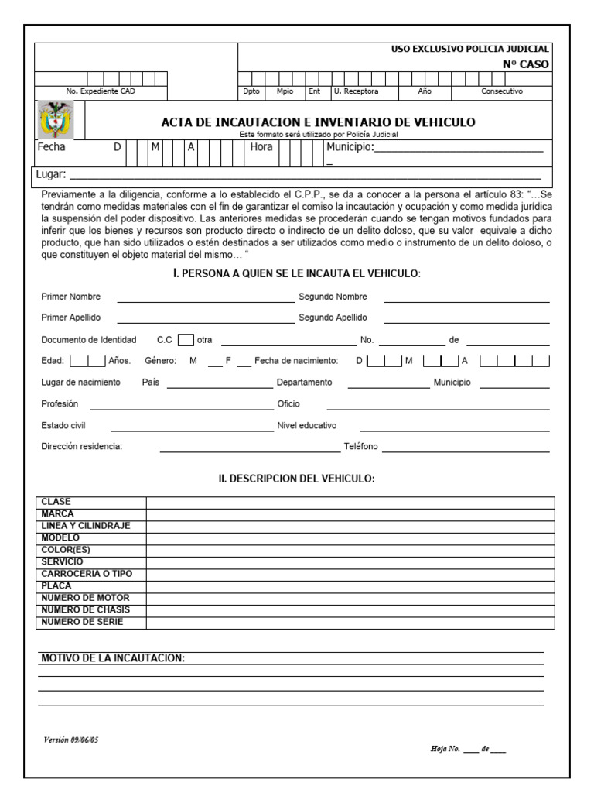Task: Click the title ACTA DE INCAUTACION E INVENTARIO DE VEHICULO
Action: pos(318,122)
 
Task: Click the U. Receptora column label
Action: pos(357,91)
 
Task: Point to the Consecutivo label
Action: pos(502,91)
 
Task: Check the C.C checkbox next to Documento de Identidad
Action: pos(185,339)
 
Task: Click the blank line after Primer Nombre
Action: pos(203,297)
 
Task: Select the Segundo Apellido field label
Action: pos(333,318)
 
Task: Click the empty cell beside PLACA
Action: pos(350,586)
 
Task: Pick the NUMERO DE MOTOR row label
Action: pos(85,598)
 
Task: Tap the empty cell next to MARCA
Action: pos(350,513)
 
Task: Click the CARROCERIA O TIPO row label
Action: pos(87,574)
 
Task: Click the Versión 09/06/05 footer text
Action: pos(71,740)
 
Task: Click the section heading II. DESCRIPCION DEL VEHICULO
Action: pos(296,479)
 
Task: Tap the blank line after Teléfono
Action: pos(466,448)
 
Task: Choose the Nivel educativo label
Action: pos(307,426)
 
